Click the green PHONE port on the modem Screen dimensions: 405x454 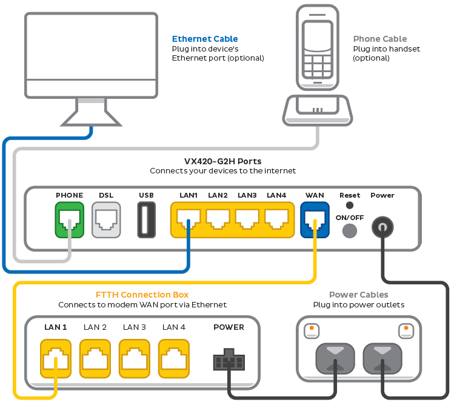coord(69,219)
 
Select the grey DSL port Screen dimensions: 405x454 coord(106,219)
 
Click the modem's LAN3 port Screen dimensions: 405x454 coord(247,219)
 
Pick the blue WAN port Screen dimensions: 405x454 coord(315,219)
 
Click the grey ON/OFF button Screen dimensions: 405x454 coord(350,231)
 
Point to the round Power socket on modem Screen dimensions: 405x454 coord(382,227)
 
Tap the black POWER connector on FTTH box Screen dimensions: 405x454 coord(229,360)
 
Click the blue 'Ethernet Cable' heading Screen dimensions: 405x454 coord(205,39)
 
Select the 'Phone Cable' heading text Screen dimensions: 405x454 coord(380,39)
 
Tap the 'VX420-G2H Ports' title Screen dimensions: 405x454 coord(222,161)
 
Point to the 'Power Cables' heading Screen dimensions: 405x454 coord(358,295)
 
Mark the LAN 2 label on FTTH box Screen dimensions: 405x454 coord(95,327)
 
